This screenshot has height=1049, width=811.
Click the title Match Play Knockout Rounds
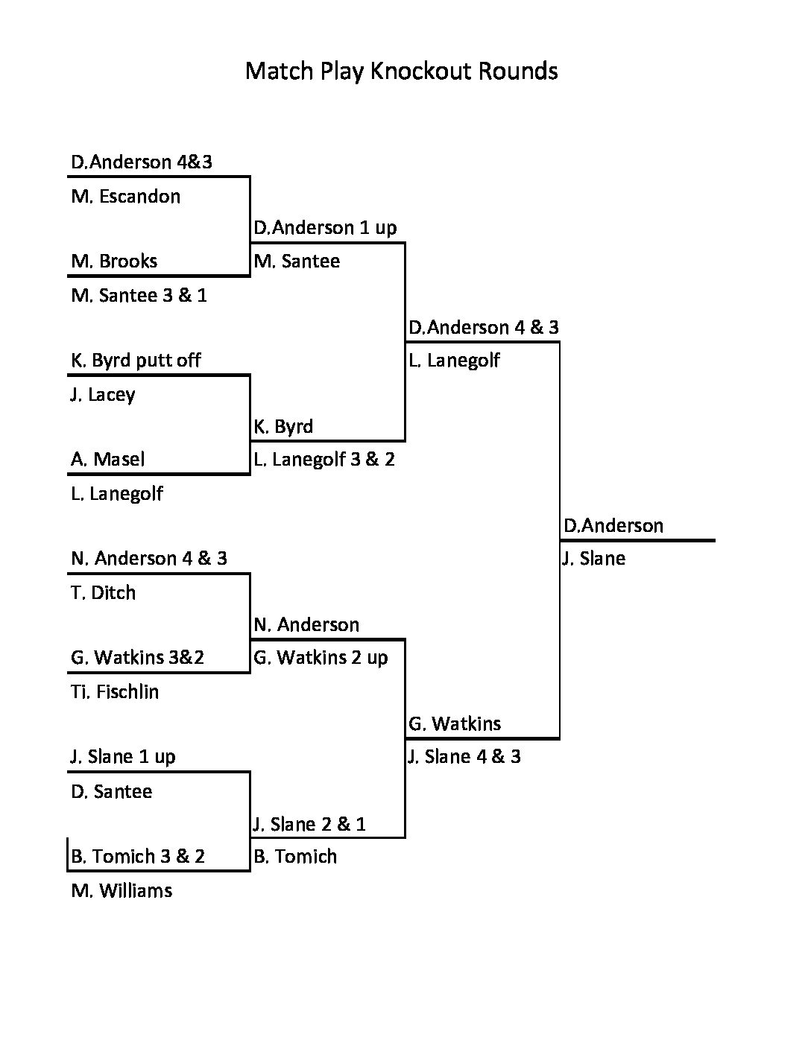tap(401, 71)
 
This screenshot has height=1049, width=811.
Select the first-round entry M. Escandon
tap(125, 197)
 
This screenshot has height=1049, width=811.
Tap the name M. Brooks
tap(114, 262)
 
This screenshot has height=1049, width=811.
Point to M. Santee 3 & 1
tap(139, 296)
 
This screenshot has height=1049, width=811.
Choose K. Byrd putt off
tap(136, 361)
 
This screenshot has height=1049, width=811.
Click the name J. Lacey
tap(103, 395)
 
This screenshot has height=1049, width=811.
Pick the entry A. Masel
tap(108, 460)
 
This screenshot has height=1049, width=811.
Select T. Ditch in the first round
tap(104, 593)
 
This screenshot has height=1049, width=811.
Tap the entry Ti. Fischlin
tap(115, 692)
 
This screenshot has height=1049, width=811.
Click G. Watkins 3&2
tap(137, 658)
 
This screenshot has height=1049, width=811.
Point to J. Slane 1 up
tap(123, 757)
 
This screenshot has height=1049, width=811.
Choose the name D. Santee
tap(112, 791)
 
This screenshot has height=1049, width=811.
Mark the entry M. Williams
tap(122, 891)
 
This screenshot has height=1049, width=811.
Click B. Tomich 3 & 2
tap(138, 857)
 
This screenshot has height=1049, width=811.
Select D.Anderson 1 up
tap(325, 228)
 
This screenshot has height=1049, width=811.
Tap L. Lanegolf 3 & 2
tap(324, 460)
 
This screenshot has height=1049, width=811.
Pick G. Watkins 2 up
tap(321, 658)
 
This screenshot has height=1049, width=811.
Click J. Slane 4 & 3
tap(464, 757)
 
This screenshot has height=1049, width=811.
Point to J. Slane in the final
tap(593, 559)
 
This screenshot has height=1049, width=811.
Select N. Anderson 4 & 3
tap(149, 559)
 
